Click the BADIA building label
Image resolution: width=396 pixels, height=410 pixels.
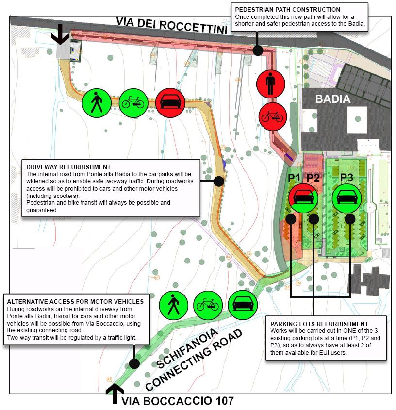tap(332, 99)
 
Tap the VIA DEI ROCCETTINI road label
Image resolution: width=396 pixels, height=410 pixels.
tap(172, 26)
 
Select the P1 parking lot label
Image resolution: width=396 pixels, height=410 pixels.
tap(294, 178)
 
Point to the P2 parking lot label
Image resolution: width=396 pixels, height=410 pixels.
tap(313, 178)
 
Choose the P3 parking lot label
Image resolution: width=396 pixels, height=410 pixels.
tap(346, 177)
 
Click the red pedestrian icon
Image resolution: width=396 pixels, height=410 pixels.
tap(270, 84)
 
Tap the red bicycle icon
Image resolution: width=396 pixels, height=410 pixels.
tap(273, 116)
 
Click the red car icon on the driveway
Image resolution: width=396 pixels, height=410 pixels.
tap(170, 102)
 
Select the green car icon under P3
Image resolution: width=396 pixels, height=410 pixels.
tap(347, 198)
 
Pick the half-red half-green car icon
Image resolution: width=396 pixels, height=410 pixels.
tap(303, 198)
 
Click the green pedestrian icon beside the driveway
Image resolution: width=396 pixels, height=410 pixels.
tap(97, 103)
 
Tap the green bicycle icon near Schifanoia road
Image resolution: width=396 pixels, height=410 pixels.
tap(207, 305)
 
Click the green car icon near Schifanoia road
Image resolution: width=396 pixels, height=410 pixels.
tap(243, 305)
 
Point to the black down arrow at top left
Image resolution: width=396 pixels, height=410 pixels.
tap(61, 34)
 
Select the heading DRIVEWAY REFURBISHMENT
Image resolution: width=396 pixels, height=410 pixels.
tap(68, 167)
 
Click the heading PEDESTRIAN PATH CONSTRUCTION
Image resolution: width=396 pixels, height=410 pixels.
tap(287, 10)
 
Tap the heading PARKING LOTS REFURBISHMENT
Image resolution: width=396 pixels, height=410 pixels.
tap(319, 324)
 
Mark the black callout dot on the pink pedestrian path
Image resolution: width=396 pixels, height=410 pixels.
tap(258, 50)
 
